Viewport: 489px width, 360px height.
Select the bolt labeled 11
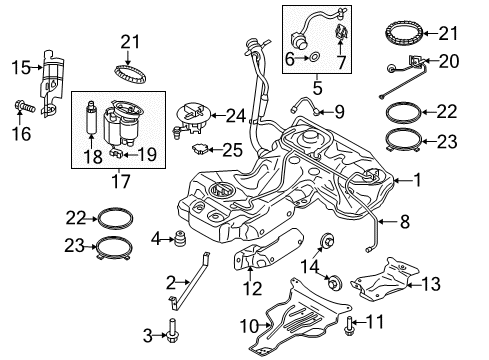[348, 325]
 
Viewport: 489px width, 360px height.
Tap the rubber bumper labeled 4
[180, 238]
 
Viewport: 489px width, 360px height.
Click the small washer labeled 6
[314, 57]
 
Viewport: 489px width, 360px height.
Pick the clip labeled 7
[341, 32]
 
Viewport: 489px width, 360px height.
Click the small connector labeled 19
[116, 153]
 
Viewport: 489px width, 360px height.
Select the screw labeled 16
[24, 107]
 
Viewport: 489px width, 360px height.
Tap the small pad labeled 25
[200, 148]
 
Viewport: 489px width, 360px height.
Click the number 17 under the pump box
[120, 182]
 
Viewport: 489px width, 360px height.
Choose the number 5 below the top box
[317, 88]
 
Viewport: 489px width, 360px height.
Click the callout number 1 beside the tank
[417, 180]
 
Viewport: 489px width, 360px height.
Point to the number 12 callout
[253, 289]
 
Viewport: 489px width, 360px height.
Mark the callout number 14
[310, 266]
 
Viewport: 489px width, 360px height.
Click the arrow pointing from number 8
[386, 221]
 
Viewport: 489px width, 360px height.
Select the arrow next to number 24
[218, 115]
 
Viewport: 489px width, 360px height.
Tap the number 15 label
[21, 68]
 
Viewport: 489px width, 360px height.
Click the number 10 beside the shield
[249, 325]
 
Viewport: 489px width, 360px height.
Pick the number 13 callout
[431, 284]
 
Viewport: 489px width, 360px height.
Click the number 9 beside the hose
[339, 112]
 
